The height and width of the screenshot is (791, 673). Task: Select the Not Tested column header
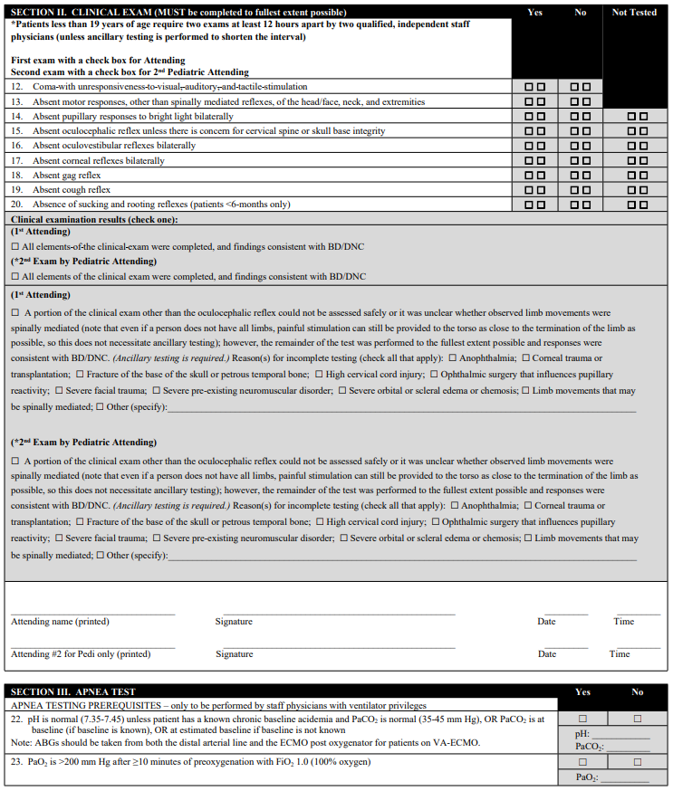pos(634,13)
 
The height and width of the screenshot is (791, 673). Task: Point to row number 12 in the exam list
pos(17,87)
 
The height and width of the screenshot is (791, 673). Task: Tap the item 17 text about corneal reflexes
pos(99,160)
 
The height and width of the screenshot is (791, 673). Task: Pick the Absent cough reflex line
pos(72,190)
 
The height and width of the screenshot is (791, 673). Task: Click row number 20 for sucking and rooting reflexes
pos(17,205)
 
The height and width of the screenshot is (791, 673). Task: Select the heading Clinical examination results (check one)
pos(94,219)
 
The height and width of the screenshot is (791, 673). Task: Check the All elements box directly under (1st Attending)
pos(14,246)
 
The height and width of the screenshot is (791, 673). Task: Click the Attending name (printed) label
pos(60,622)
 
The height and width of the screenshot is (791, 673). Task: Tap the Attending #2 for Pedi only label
pos(81,654)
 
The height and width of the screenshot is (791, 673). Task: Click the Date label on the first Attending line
pos(546,622)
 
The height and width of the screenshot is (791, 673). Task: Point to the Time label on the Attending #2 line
pos(620,654)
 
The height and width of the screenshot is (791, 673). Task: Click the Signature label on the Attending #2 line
pos(234,654)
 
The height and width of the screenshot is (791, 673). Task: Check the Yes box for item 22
pos(582,719)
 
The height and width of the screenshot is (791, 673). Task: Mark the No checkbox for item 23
pos(638,763)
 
